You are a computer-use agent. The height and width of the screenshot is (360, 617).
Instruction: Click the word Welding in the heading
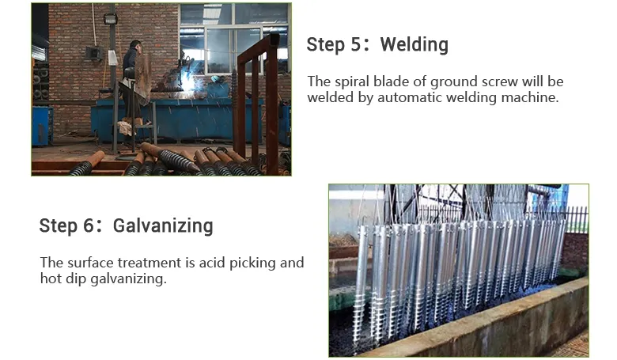tap(414, 44)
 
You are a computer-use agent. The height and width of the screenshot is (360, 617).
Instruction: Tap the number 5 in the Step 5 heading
tap(359, 44)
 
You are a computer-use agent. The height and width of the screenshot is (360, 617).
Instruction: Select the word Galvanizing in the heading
tap(163, 226)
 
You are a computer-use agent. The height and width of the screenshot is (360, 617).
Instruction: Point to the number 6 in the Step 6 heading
tap(92, 226)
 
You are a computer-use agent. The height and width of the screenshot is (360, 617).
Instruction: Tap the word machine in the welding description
tap(534, 98)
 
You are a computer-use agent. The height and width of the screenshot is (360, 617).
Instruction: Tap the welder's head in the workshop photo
tap(135, 46)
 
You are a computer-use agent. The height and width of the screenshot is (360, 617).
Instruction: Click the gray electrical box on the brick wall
tap(93, 53)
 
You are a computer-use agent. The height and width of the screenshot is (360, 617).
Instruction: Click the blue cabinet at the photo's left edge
tap(41, 125)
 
